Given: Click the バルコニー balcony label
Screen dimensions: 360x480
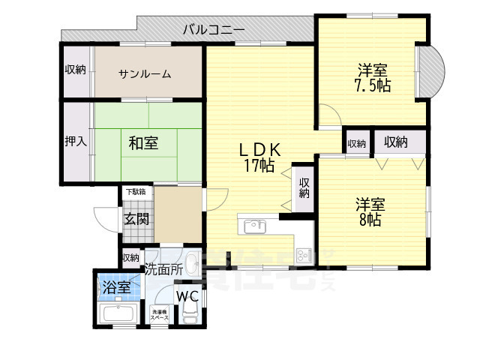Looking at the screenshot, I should point(214,30).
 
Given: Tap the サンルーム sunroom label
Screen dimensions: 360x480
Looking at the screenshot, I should point(145,73).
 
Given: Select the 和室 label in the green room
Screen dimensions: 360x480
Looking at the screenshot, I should point(142,142).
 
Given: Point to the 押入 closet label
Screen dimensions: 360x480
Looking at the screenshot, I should point(75,142).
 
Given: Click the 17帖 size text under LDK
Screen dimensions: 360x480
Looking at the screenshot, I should point(258,166).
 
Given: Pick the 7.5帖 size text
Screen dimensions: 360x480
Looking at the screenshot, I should point(373,85).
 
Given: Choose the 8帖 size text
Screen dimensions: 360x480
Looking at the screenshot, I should point(369,220).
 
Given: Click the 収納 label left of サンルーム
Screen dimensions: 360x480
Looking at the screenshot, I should point(75,70).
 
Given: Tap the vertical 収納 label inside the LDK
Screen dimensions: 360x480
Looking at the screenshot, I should point(304,188).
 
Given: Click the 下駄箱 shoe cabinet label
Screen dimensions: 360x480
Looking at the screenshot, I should point(136,192).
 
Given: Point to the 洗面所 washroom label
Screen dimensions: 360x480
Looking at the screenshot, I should point(163,268).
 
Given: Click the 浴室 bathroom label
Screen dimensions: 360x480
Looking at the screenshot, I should point(116,286).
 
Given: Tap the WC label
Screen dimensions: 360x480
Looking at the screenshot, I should point(187,295).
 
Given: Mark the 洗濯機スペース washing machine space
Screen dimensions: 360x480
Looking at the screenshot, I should point(158,315).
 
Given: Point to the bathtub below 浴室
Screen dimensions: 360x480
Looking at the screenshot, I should point(116,314).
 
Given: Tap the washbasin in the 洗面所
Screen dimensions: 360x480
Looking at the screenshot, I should point(192,265).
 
